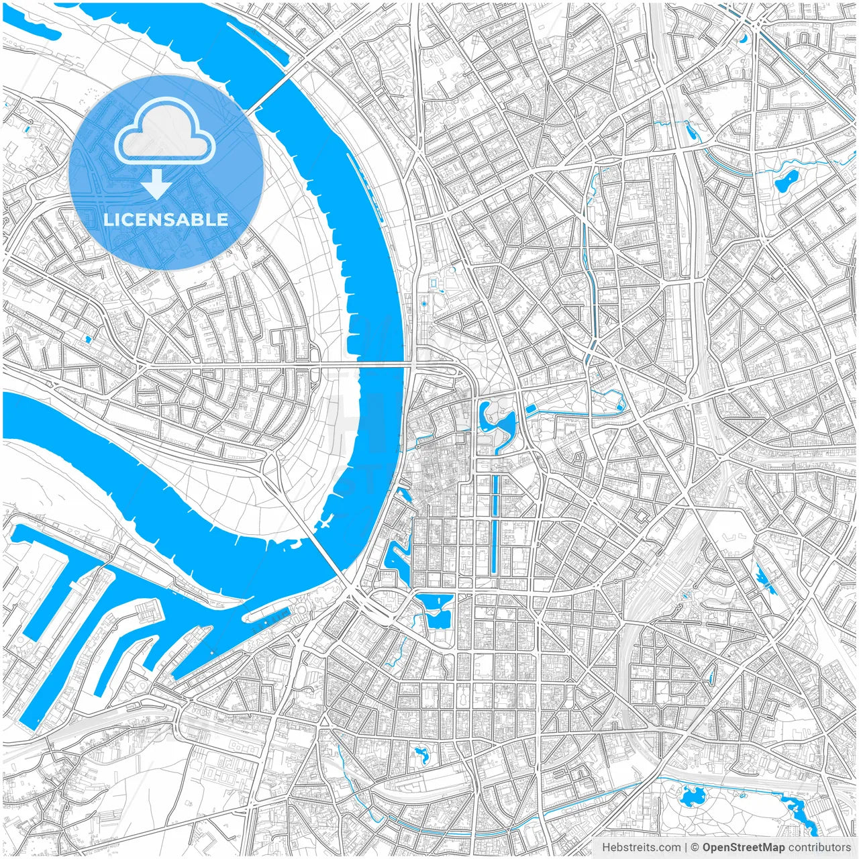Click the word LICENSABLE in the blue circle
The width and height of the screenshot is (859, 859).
(x=166, y=219)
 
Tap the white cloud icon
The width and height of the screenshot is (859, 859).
(x=165, y=132)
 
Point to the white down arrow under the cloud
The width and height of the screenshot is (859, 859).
(x=156, y=184)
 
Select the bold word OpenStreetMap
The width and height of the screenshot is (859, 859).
(x=744, y=848)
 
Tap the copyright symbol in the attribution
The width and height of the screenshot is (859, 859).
(x=695, y=848)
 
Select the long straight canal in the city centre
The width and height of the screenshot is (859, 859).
(x=496, y=523)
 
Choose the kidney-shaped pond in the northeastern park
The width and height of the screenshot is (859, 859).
(x=786, y=180)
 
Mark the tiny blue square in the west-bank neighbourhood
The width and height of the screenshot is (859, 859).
(x=88, y=340)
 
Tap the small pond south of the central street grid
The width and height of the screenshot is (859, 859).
(x=422, y=755)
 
